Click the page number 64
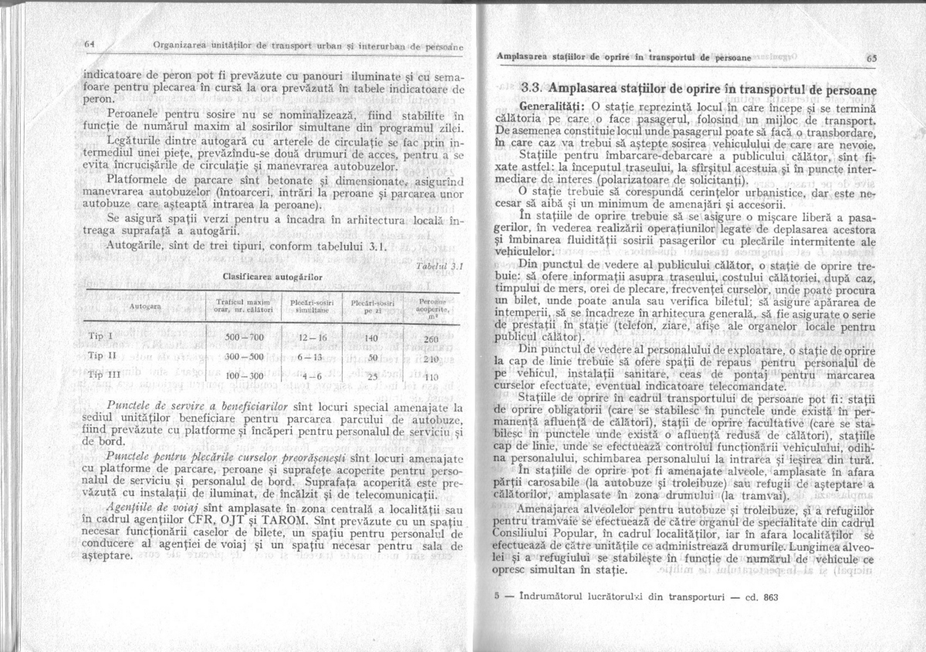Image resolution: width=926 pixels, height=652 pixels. (89, 44)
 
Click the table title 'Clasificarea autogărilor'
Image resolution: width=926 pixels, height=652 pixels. (260, 275)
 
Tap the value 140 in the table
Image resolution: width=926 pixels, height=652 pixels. (371, 338)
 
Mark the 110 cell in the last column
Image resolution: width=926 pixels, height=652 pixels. (431, 378)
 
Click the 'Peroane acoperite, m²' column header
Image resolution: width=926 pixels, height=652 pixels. (431, 307)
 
